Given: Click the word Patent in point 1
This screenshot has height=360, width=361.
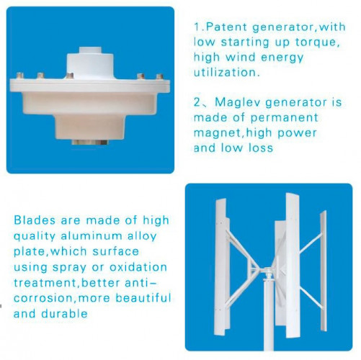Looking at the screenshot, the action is click(226, 27).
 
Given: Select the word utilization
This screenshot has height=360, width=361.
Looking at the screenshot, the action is click(226, 72).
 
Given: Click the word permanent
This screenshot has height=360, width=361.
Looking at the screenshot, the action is click(285, 118).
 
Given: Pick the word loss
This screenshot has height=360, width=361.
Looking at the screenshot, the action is click(261, 148).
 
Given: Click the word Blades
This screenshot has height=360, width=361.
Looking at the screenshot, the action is click(35, 220).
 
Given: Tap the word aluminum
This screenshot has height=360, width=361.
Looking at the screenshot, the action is click(92, 235).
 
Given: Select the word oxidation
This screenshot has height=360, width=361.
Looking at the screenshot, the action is click(138, 267).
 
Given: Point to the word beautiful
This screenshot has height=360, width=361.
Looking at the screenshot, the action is click(143, 297).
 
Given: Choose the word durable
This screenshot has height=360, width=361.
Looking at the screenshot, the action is click(64, 313).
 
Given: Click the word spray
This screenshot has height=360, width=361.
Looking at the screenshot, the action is click(69, 268).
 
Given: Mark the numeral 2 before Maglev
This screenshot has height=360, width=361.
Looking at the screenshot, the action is click(197, 102).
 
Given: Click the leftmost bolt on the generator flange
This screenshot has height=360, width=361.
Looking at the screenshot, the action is click(19, 76).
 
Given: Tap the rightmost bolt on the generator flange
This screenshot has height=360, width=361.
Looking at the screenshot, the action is click(160, 77).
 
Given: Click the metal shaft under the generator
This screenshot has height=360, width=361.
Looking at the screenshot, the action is click(90, 143).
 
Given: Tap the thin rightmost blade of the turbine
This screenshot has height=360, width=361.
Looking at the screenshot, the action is click(324, 270).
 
